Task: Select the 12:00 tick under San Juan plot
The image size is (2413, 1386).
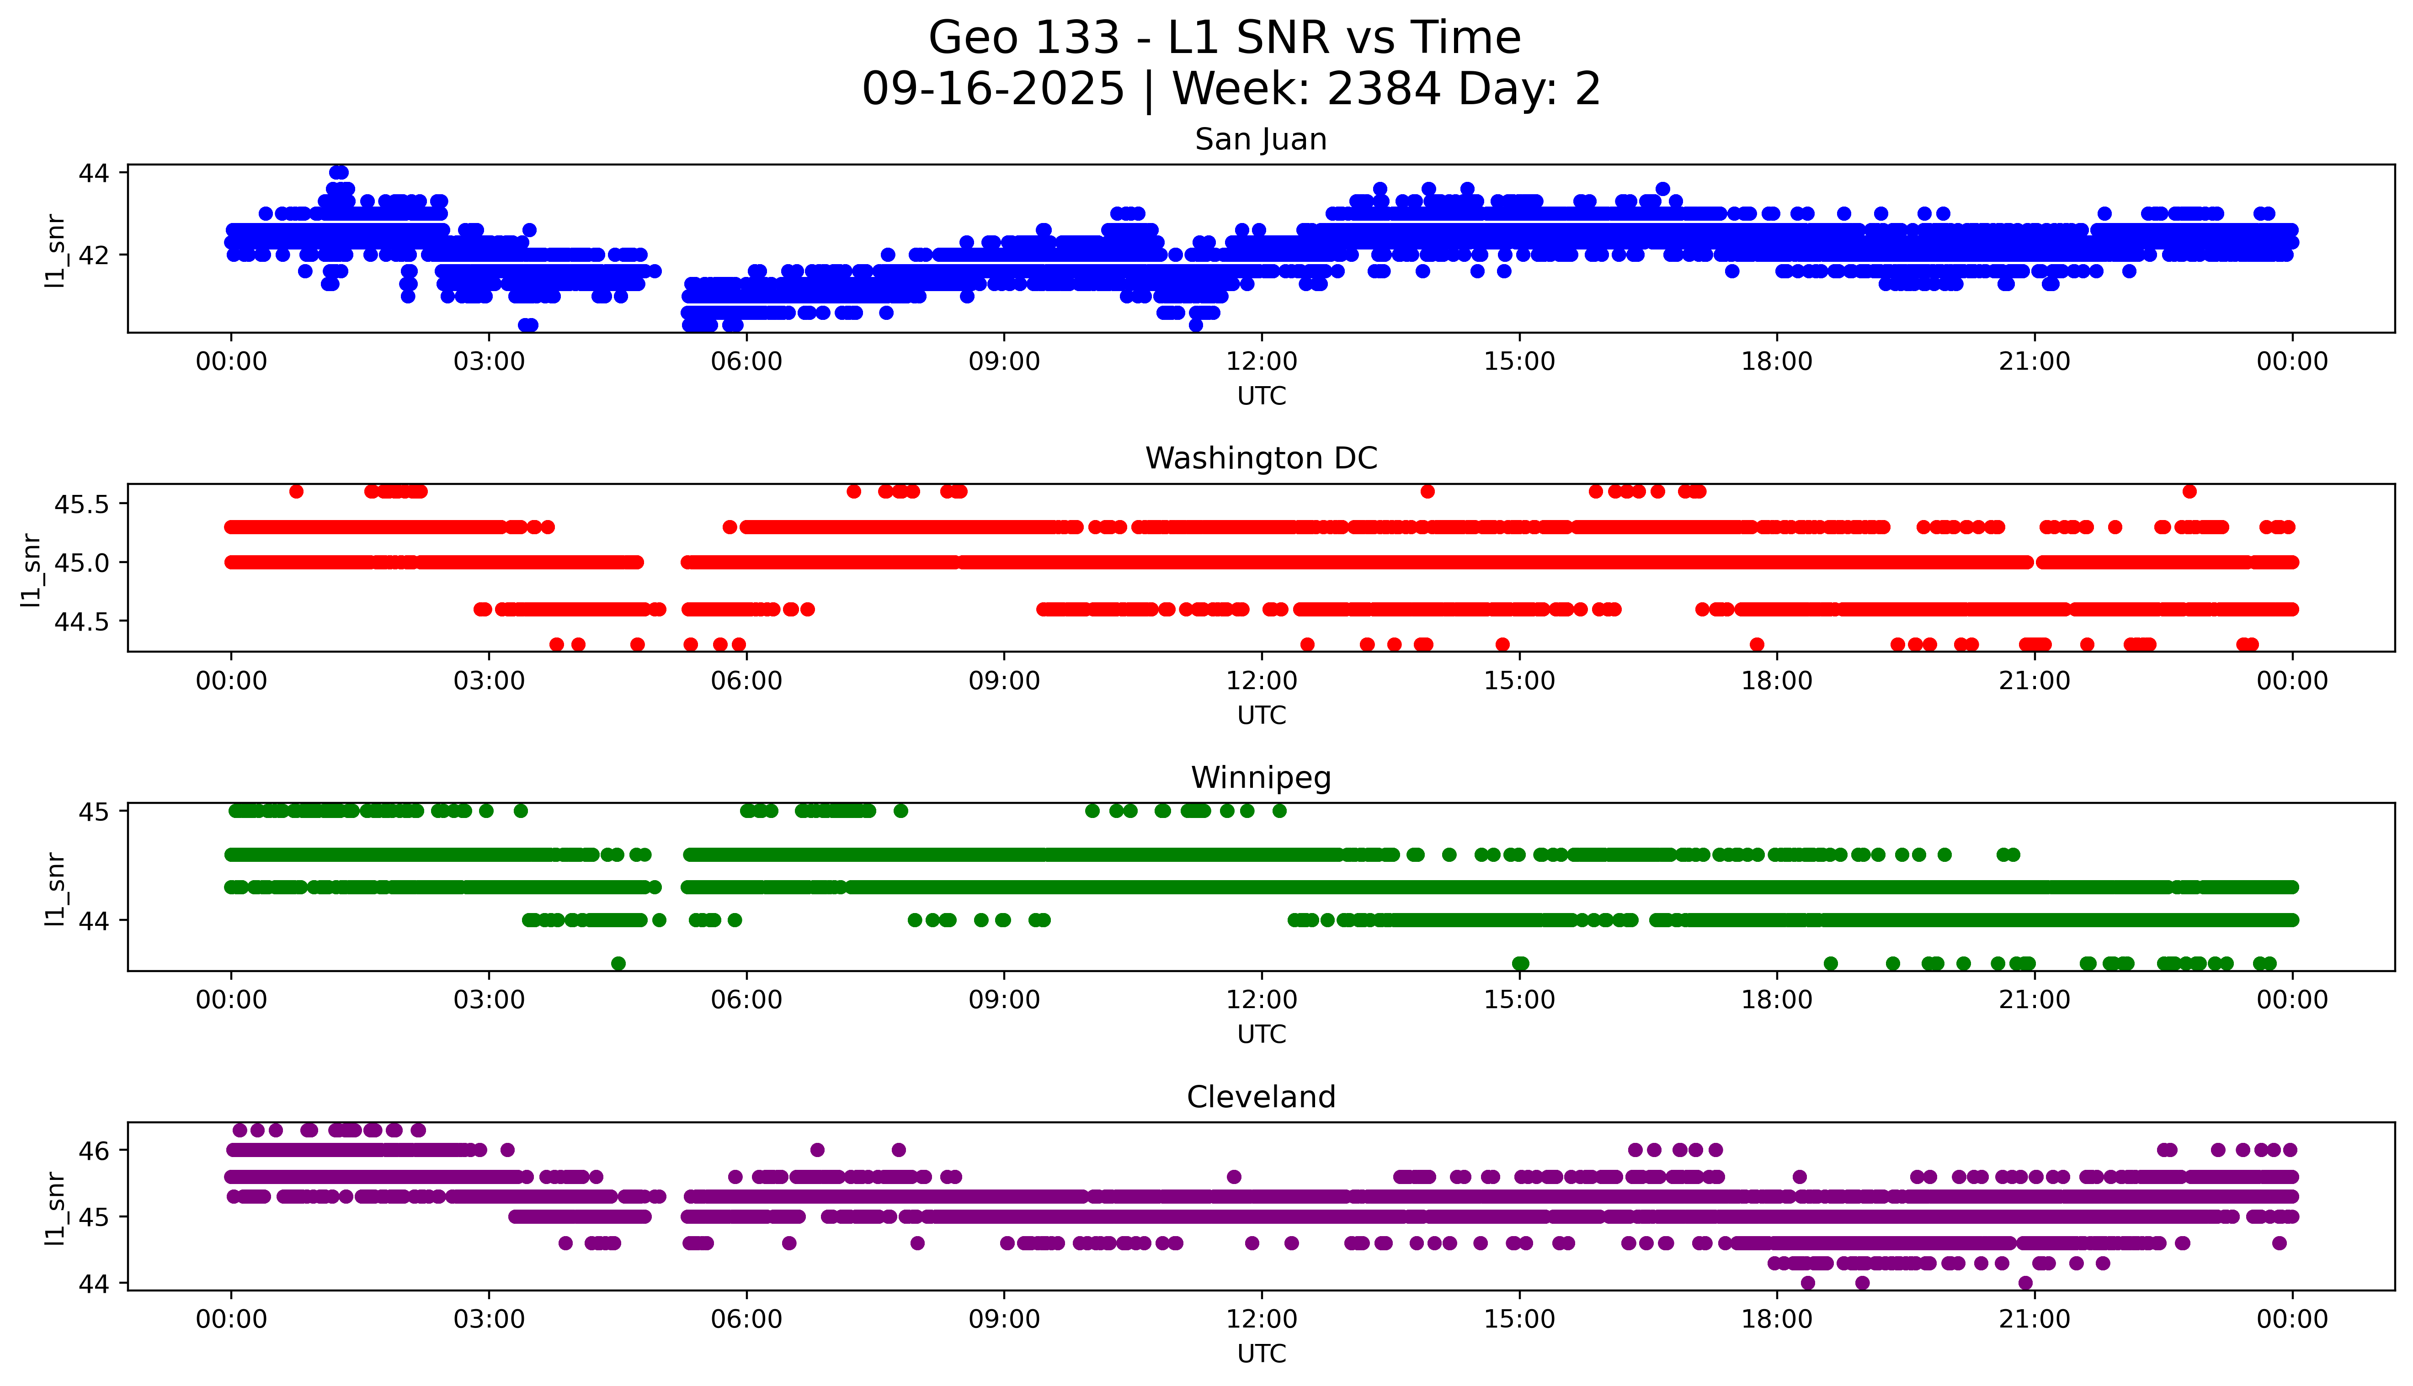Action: point(1261,362)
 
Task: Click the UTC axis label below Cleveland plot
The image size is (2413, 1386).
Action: point(1261,1354)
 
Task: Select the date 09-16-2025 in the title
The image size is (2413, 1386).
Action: point(993,90)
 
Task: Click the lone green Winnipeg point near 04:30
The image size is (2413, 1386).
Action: point(619,963)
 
